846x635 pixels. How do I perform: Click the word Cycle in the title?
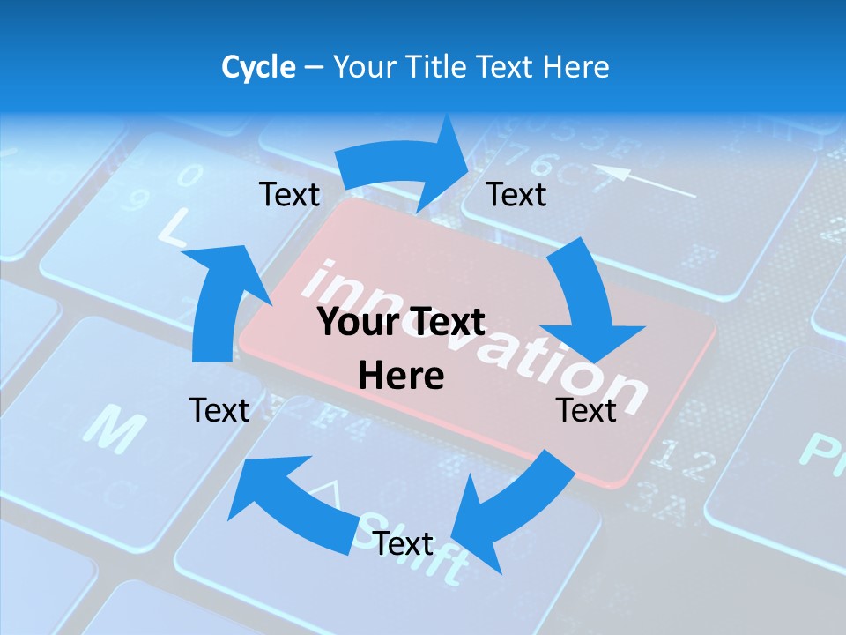[x=258, y=67]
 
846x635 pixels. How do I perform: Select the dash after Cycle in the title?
[x=314, y=68]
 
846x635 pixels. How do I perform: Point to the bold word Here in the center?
[x=401, y=376]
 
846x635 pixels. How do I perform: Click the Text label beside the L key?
[x=289, y=194]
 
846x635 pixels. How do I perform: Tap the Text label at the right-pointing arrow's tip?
[x=516, y=194]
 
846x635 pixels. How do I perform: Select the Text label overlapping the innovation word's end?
[x=586, y=410]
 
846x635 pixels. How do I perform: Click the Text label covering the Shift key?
[x=403, y=543]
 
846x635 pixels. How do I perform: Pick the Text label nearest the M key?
[x=219, y=410]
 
